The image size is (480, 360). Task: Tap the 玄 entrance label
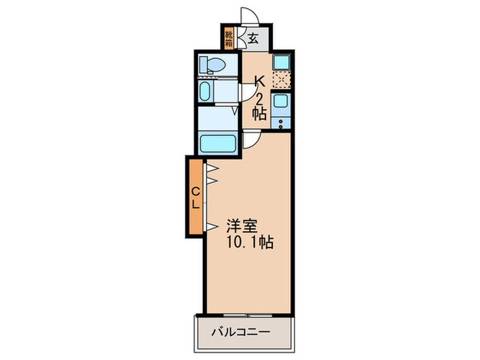point(253,39)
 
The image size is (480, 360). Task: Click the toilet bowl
point(213,65)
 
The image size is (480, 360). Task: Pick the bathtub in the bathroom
point(219,143)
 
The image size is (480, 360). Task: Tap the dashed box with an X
point(280,80)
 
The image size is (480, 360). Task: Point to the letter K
point(259,81)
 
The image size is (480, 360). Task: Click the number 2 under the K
point(259,98)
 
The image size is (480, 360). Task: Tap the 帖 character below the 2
point(259,115)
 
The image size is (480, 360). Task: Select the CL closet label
point(195,196)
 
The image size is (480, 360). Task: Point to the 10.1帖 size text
point(247,243)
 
